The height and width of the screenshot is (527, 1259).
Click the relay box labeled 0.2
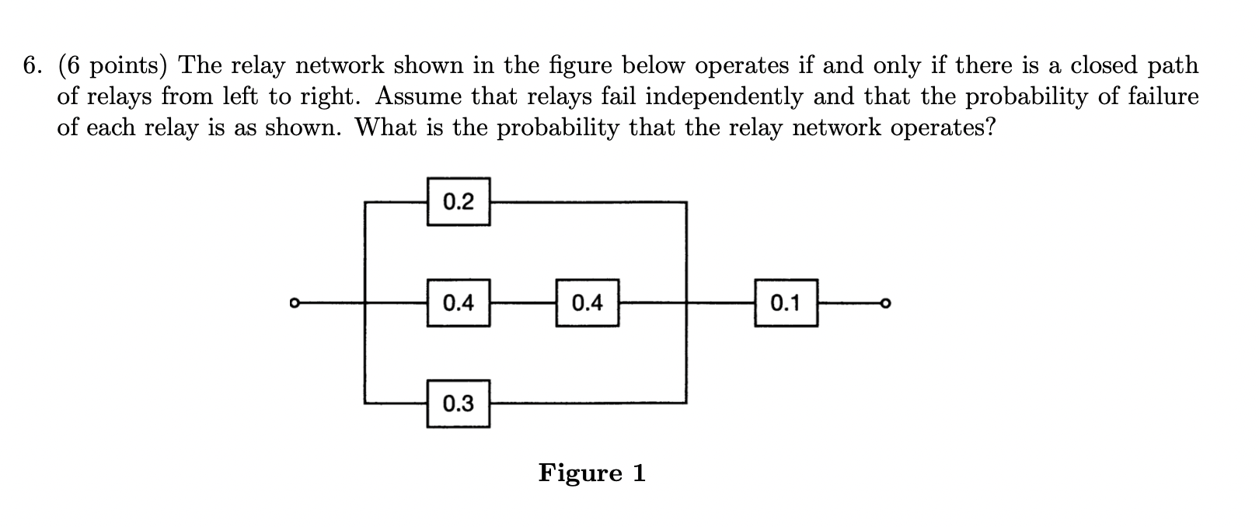pyautogui.click(x=458, y=202)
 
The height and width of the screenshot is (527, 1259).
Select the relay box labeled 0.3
pyautogui.click(x=458, y=403)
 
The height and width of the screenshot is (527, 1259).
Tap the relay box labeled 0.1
pyautogui.click(x=785, y=302)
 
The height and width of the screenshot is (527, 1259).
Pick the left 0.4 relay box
pyautogui.click(x=458, y=302)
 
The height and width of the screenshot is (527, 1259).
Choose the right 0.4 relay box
pyautogui.click(x=587, y=302)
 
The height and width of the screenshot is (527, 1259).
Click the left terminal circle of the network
pyautogui.click(x=293, y=302)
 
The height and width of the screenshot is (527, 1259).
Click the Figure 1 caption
pyautogui.click(x=591, y=473)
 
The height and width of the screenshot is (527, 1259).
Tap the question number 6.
pyautogui.click(x=32, y=66)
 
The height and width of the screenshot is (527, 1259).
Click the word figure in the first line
pyautogui.click(x=580, y=66)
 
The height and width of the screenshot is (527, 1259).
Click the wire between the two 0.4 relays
pyautogui.click(x=522, y=302)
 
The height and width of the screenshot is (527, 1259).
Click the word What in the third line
pyautogui.click(x=383, y=128)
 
